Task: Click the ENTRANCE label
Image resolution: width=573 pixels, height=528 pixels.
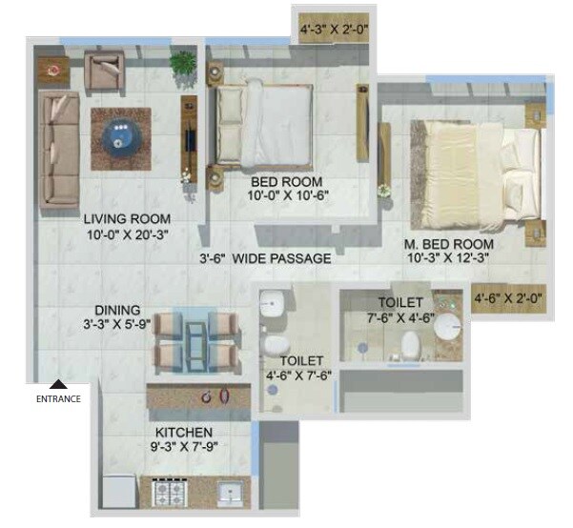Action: (x=58, y=398)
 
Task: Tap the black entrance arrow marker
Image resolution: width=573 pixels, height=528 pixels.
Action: (x=58, y=382)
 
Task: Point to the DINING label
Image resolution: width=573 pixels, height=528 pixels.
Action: (x=117, y=310)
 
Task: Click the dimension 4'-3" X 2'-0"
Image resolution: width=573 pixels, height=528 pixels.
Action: (x=334, y=30)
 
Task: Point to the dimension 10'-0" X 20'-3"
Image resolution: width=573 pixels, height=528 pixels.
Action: (x=128, y=234)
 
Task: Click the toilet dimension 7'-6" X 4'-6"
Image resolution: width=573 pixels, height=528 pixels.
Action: (x=401, y=318)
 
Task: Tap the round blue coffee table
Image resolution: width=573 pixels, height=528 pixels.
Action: (x=122, y=136)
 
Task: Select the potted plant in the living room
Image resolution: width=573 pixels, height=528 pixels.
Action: (x=183, y=65)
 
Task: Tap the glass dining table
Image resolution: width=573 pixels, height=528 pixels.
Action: (x=195, y=341)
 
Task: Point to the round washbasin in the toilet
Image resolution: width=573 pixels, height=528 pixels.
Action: (x=446, y=329)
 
